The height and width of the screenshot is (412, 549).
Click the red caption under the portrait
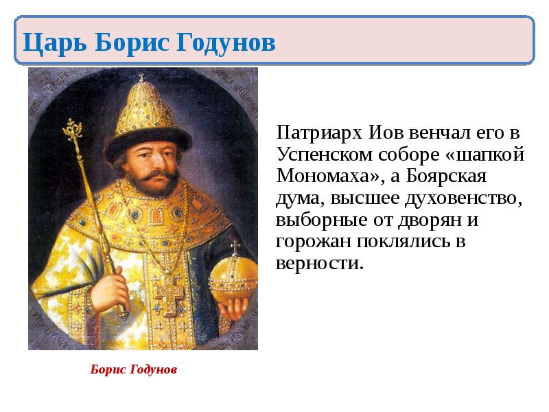pos(134,369)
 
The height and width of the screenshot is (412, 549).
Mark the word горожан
pos(308,242)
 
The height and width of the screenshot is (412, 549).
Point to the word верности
pos(319,264)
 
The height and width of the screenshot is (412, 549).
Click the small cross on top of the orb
pos(235,247)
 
